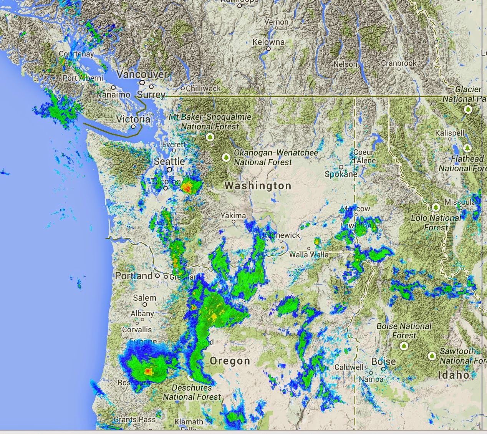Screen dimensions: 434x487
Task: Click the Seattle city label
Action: pos(169,161)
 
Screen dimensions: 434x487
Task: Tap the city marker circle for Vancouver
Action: pos(142,82)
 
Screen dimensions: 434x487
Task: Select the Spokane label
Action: pos(341,174)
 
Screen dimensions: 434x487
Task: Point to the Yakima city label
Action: pos(233,215)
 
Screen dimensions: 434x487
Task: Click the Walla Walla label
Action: pos(309,254)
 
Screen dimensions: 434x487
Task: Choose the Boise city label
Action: pos(383,361)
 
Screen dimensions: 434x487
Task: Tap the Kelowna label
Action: pos(268,42)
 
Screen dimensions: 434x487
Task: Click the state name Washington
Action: pos(258,186)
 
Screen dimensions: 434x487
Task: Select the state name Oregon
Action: pos(230,361)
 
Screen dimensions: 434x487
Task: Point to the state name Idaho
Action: pos(454,375)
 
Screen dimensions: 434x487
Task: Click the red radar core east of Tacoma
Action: pos(187,187)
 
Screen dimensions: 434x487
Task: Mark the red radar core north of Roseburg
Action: pos(148,371)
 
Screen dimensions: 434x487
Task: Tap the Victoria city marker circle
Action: pos(133,126)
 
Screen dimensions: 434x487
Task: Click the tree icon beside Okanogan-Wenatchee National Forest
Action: pos(226,157)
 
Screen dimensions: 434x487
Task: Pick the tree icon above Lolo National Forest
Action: pos(436,207)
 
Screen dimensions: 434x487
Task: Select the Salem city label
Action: pos(144,298)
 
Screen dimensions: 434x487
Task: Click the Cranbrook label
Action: pos(399,63)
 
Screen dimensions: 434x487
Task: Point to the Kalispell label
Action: pos(450,133)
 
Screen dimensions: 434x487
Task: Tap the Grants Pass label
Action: pos(134,420)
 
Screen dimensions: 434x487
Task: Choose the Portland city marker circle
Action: pos(157,276)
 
